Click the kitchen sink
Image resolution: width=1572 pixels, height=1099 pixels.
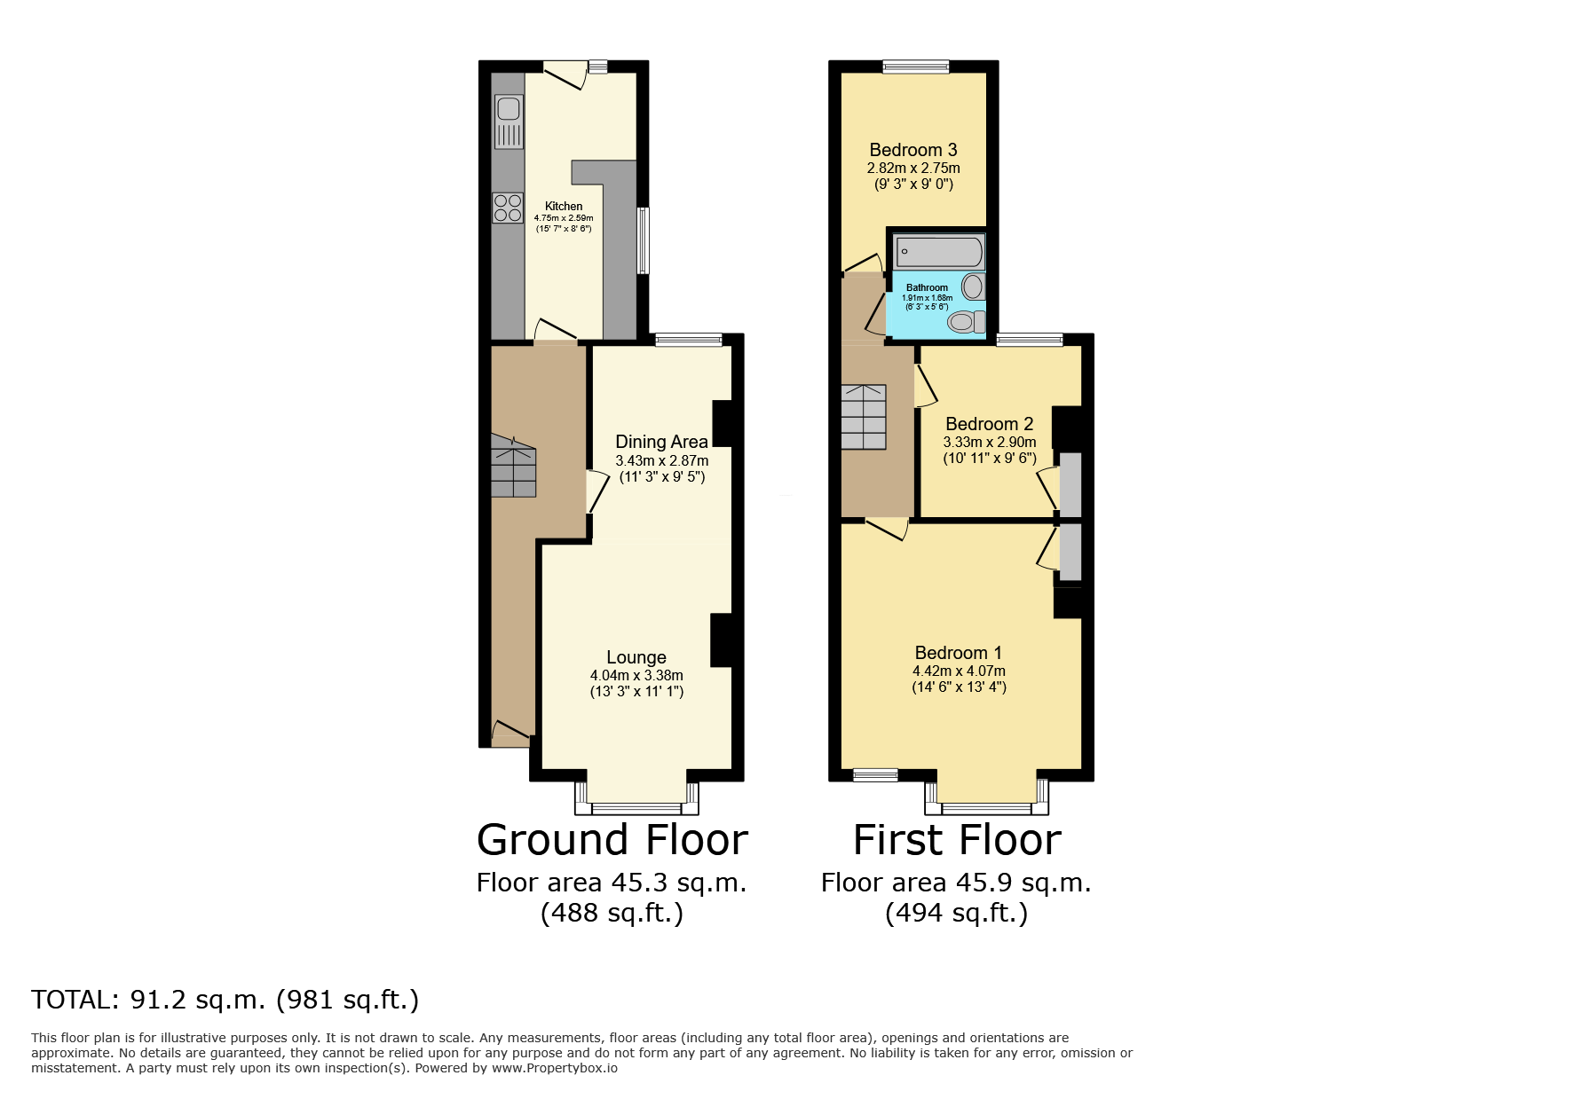pos(509,122)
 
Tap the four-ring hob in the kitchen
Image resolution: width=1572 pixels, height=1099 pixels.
pos(509,208)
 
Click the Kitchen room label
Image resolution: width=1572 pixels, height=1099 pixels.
pos(564,206)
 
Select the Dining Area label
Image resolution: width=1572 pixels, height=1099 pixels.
pos(662,442)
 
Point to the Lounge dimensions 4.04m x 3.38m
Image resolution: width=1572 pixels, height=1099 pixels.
pos(636,675)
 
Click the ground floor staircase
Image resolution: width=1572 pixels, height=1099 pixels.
pos(513,465)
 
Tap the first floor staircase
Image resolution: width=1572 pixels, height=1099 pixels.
pos(864,417)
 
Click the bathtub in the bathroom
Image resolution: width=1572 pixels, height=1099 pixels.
pos(938,252)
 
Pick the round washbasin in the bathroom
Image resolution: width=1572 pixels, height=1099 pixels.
pos(974,287)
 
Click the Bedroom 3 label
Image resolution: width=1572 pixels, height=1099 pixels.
pos(913,150)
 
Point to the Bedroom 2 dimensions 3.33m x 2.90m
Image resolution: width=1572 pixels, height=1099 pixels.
pos(990,442)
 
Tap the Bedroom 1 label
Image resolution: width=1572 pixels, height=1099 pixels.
pos(959,653)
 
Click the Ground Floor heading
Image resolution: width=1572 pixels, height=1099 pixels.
pos(612,840)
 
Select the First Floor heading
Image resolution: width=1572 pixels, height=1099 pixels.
pos(957,840)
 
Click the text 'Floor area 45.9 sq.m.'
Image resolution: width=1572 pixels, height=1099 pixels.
pos(956,883)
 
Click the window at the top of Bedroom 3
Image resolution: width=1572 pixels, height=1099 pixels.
pos(916,66)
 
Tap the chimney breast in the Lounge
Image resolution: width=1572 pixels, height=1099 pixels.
pos(722,640)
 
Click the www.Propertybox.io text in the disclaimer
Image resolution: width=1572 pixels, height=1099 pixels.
pos(555,1068)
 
